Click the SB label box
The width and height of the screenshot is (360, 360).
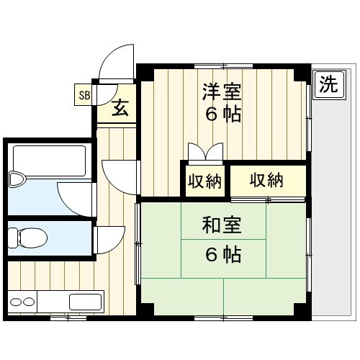click(x=83, y=94)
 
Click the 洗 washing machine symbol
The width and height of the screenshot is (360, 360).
click(x=329, y=85)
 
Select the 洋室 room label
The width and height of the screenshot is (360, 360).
click(x=222, y=91)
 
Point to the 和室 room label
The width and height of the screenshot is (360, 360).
click(x=222, y=225)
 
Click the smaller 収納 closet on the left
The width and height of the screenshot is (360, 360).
click(x=204, y=181)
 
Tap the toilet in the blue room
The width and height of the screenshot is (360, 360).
click(x=27, y=238)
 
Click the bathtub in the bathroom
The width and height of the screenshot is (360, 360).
click(x=49, y=161)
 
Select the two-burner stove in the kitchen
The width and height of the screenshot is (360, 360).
click(x=22, y=302)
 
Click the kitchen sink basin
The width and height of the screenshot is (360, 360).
click(x=85, y=302)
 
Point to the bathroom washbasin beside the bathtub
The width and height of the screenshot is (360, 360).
click(x=17, y=179)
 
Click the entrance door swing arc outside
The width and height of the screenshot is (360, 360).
click(x=116, y=63)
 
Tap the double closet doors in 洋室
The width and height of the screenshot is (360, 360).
click(x=206, y=152)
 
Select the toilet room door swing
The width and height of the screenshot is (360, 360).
click(x=110, y=240)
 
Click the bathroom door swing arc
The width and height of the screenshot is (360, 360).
click(x=74, y=199)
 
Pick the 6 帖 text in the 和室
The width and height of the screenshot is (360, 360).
click(x=223, y=255)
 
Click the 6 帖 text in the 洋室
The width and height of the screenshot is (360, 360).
click(x=223, y=114)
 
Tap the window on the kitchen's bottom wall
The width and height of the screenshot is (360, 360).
click(x=68, y=318)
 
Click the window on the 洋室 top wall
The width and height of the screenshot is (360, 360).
click(x=223, y=66)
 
